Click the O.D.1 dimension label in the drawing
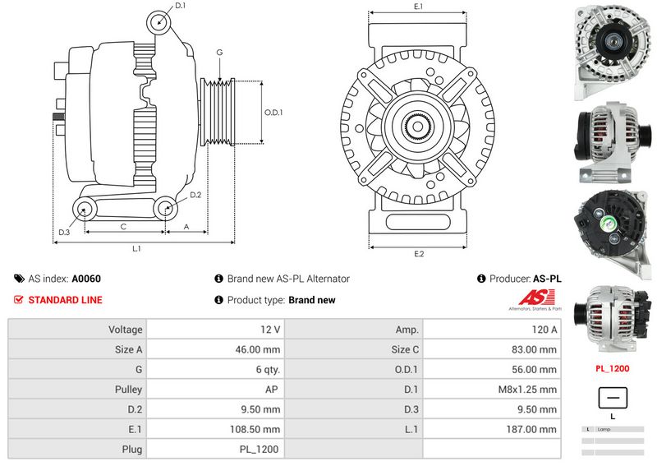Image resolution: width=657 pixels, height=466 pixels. [x=273, y=113]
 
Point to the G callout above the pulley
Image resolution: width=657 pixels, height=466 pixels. [x=219, y=53]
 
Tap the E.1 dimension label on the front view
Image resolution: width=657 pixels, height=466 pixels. [x=418, y=7]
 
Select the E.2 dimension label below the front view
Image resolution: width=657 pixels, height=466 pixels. [x=418, y=254]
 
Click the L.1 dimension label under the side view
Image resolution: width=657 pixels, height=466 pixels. [x=137, y=248]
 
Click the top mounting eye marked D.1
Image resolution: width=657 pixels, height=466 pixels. [x=158, y=22]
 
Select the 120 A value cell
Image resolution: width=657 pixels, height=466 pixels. [x=492, y=330]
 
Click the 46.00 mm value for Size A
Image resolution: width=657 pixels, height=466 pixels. [x=215, y=349]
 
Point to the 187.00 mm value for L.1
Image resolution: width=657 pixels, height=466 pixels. [x=492, y=429]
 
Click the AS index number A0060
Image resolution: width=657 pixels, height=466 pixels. [x=86, y=279]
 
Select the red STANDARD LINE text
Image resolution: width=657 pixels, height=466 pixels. [x=65, y=300]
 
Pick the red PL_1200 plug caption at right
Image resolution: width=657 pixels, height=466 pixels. [x=612, y=368]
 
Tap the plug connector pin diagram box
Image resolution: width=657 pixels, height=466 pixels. [x=612, y=398]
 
